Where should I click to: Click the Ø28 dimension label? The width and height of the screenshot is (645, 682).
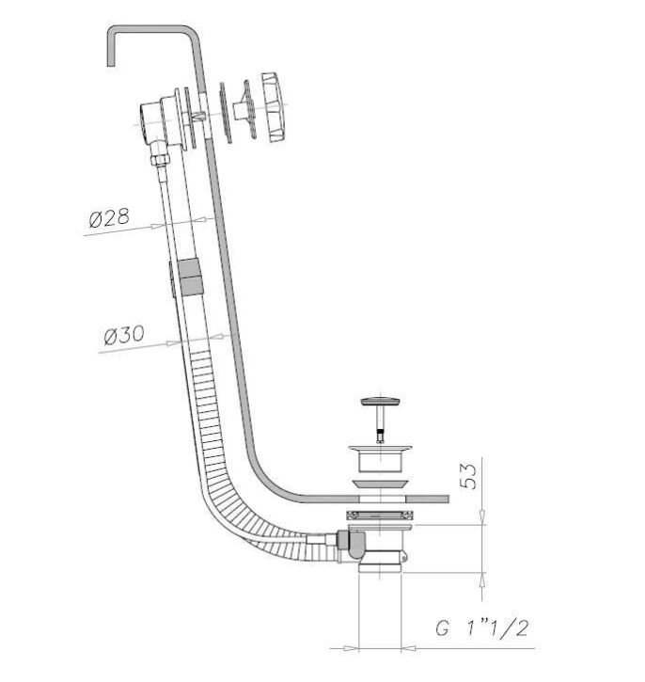(x=109, y=217)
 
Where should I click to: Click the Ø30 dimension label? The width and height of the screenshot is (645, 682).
(x=124, y=335)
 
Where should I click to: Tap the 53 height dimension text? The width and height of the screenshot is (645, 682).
(x=467, y=476)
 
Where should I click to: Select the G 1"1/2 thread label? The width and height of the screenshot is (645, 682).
(x=482, y=628)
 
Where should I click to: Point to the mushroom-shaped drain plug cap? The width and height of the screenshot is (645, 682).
(x=380, y=401)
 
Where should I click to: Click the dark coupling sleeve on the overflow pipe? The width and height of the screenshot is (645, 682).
(x=190, y=277)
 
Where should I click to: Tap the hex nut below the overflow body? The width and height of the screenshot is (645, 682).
(x=160, y=159)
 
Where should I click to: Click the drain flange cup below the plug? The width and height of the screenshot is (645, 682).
(x=380, y=457)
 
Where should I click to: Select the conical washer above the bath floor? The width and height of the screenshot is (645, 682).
(x=380, y=484)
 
